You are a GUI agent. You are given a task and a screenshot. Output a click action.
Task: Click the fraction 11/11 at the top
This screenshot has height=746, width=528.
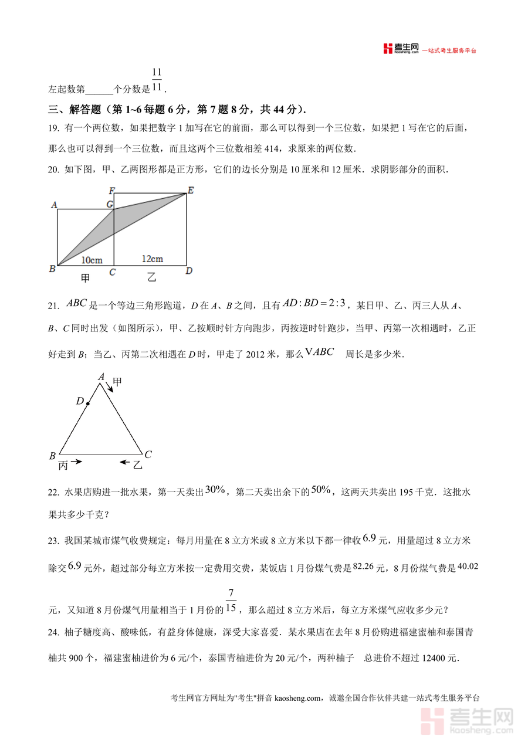pos(157,80)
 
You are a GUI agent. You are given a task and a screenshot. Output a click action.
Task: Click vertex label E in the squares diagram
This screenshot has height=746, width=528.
pos(190,190)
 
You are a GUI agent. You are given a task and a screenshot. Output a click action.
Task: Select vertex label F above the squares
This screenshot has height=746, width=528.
pos(111,191)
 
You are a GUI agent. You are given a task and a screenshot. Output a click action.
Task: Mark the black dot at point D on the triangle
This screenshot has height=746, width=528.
pos(87,403)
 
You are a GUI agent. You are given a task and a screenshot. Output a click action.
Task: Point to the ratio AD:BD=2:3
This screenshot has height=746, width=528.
pos(314,303)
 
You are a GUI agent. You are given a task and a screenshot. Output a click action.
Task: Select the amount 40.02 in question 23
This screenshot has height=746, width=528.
pos(468,566)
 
